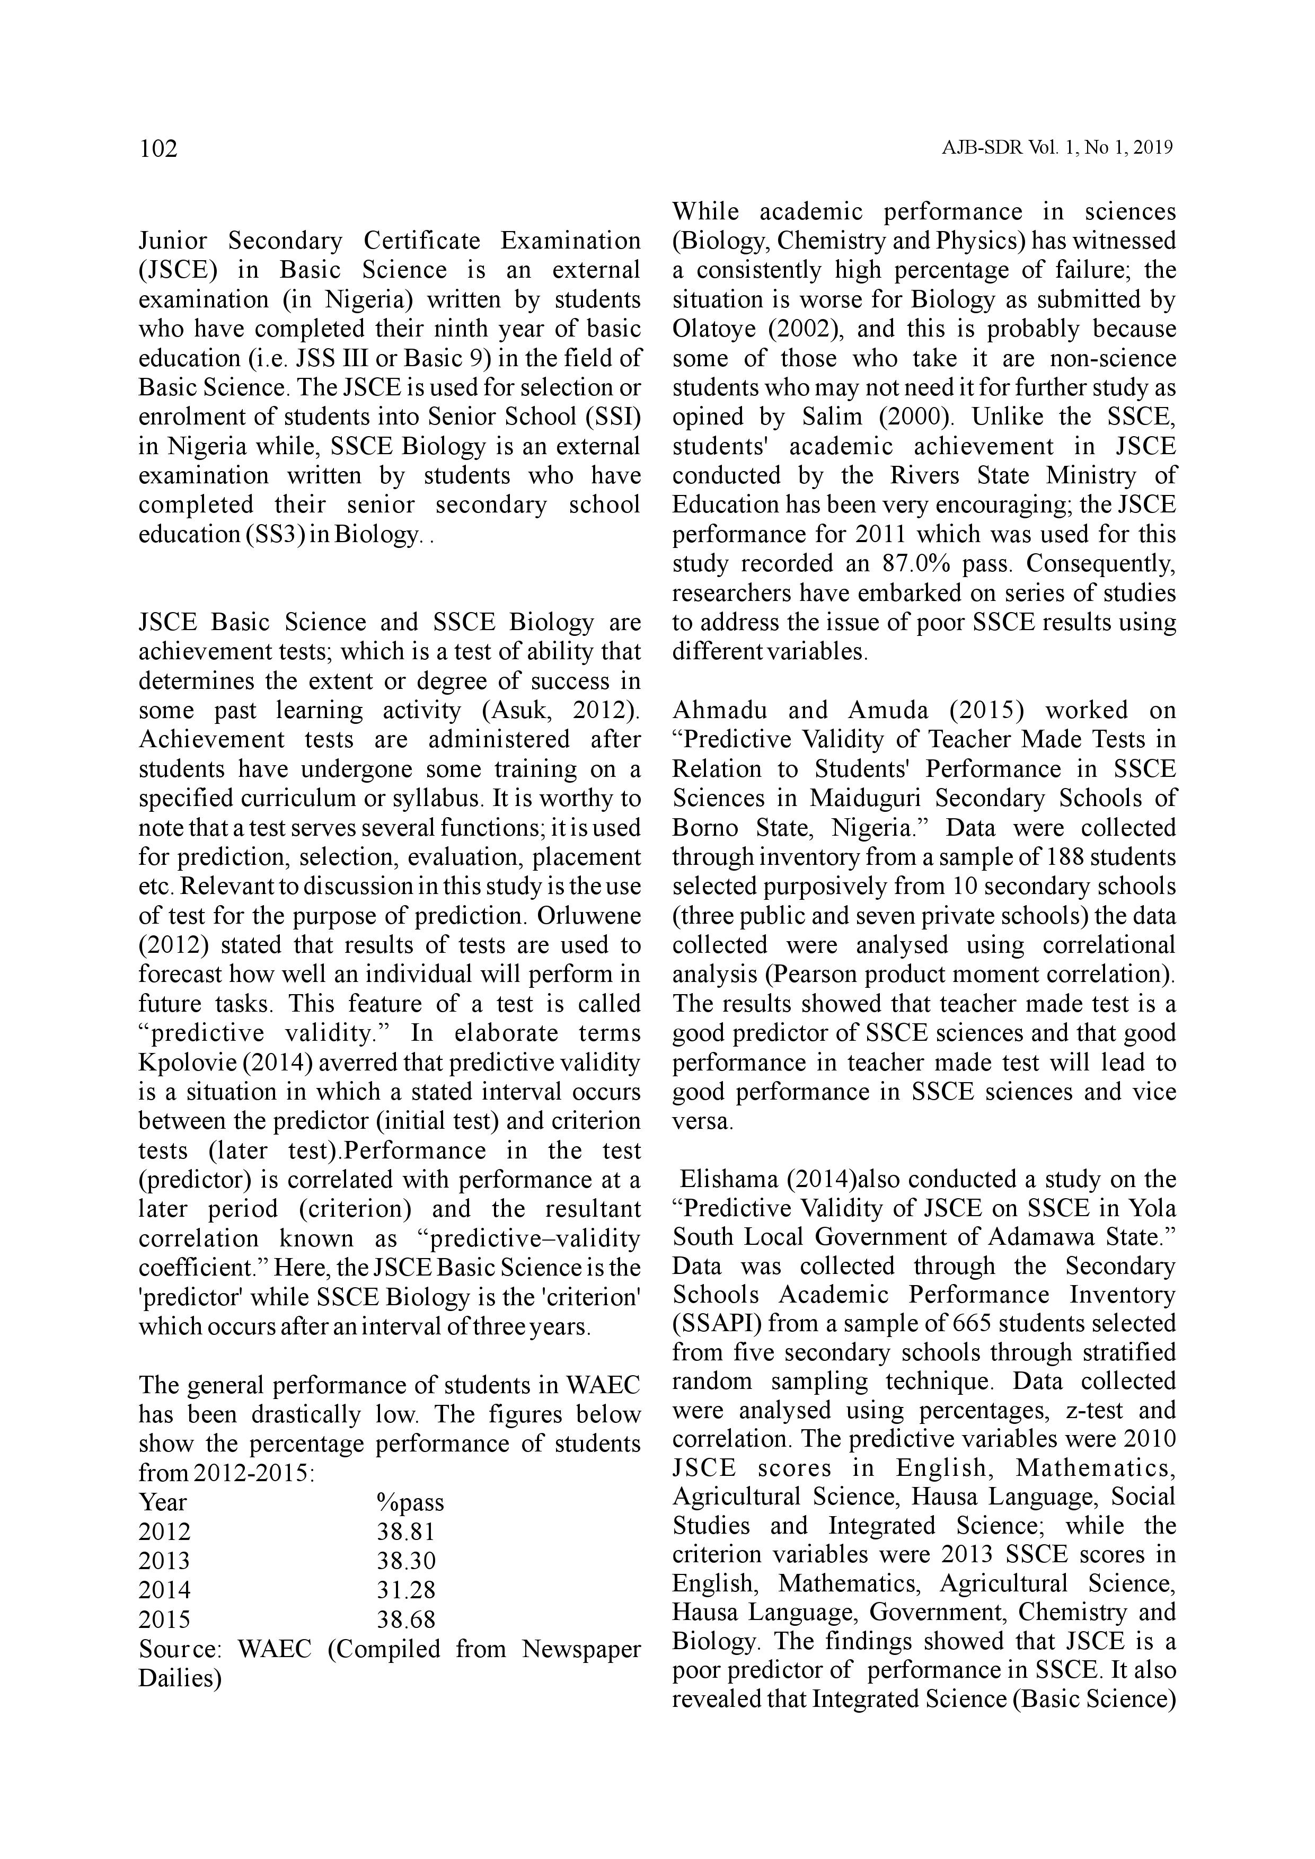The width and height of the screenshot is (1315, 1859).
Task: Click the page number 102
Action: pos(158,149)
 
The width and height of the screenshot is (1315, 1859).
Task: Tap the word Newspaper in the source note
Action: pos(580,1649)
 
